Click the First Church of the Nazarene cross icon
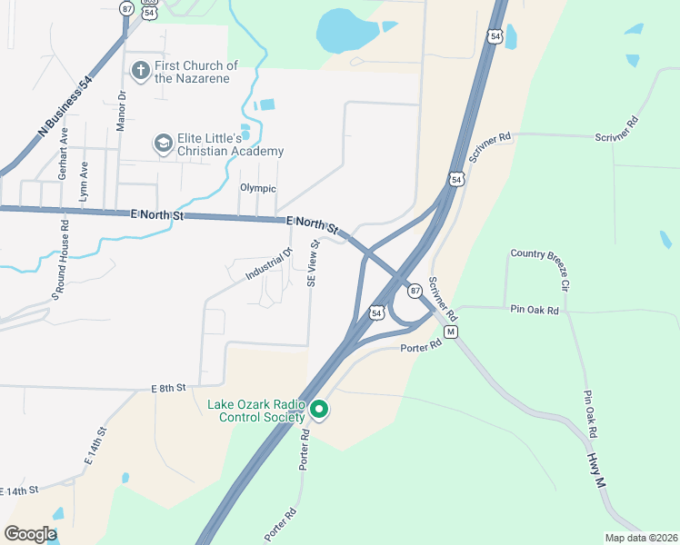(140, 69)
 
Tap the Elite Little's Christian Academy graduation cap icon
(163, 143)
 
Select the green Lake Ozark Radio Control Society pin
(318, 410)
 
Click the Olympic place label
(257, 188)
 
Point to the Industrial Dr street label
(268, 264)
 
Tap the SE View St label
(314, 263)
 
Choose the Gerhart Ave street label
(63, 153)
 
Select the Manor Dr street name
(121, 109)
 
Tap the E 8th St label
(168, 388)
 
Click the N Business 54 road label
(65, 107)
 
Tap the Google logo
(31, 533)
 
